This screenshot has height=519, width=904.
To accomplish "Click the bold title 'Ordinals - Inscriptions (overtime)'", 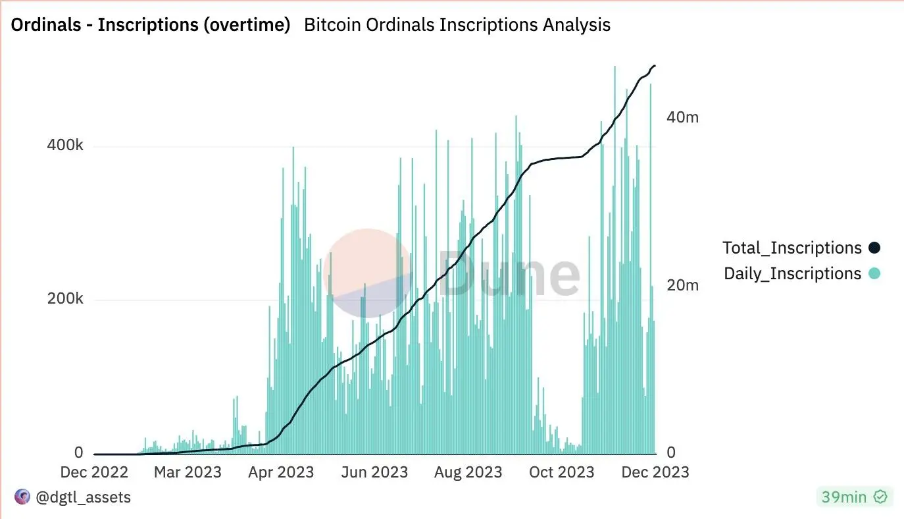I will [150, 25].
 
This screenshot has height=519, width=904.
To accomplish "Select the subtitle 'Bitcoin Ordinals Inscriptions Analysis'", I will [457, 25].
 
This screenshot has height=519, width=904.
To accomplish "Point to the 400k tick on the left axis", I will [65, 146].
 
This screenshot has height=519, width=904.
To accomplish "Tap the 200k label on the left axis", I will [65, 299].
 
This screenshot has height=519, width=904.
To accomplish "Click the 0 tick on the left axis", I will [79, 453].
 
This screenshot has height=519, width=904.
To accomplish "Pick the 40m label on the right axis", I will [683, 117].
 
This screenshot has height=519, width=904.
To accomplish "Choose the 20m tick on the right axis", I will [683, 286].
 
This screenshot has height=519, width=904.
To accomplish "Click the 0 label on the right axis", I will [672, 453].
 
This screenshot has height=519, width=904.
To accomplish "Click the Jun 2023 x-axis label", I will [376, 472].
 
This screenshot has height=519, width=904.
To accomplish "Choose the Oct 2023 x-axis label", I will [563, 472].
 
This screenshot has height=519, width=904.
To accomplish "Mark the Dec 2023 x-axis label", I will [656, 472].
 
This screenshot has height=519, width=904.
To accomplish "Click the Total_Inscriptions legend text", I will [792, 248].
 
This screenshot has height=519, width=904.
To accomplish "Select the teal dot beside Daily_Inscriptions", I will [874, 273].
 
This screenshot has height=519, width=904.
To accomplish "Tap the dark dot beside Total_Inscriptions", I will [874, 248].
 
